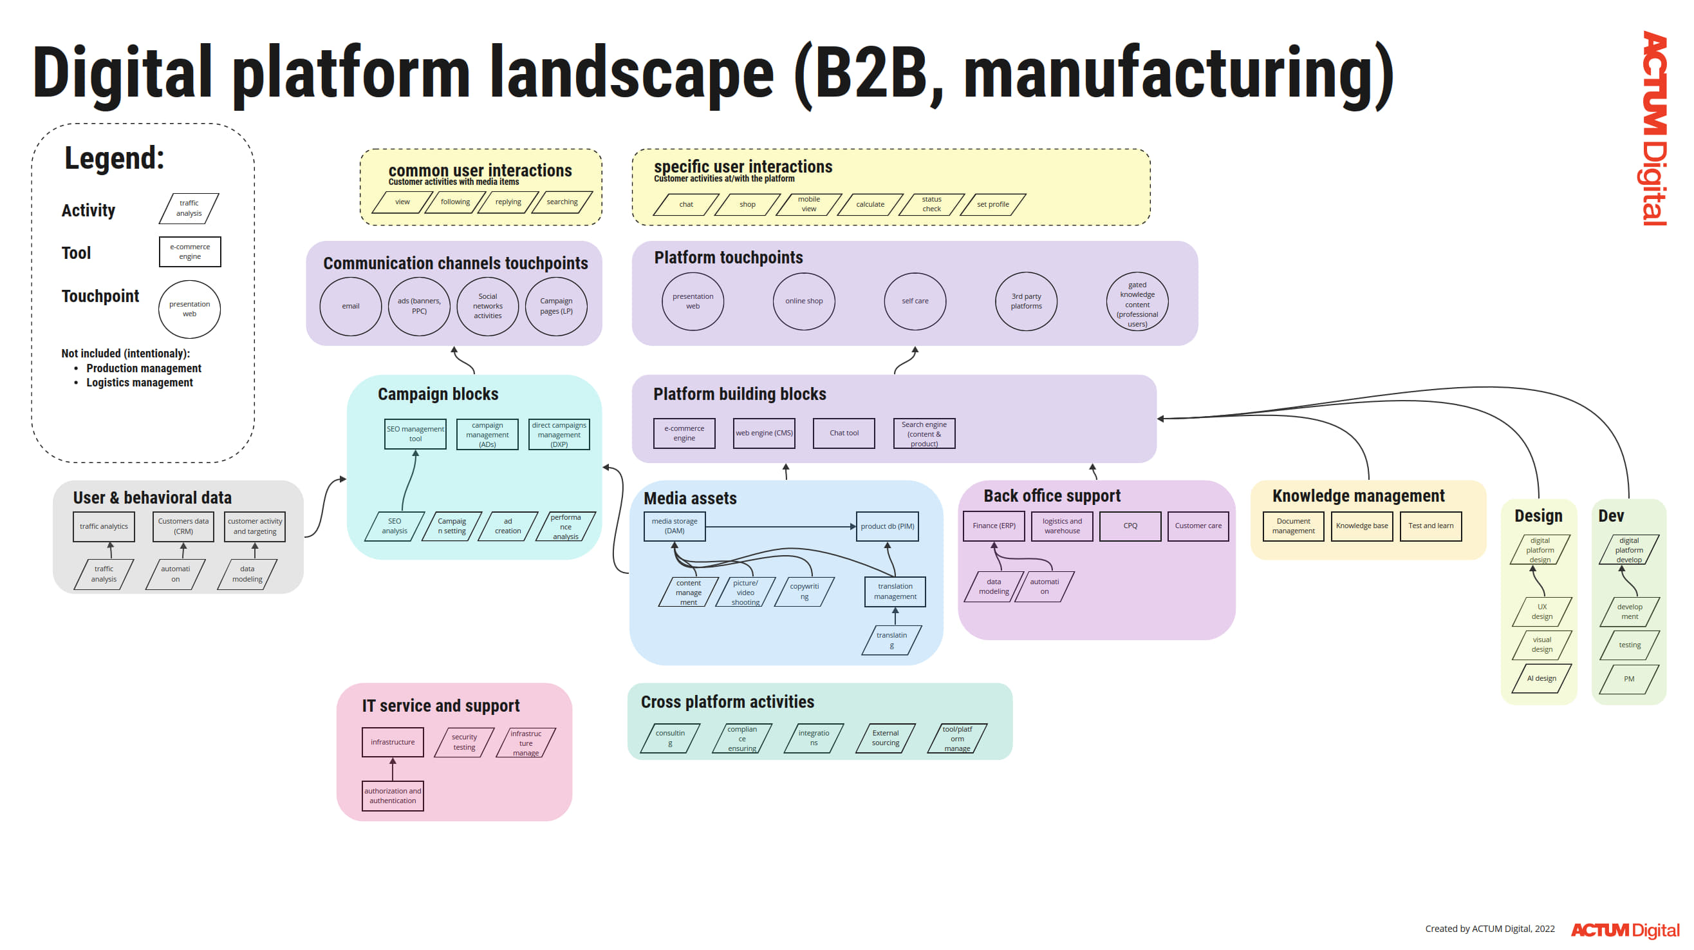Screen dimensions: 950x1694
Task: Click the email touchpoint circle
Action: click(351, 307)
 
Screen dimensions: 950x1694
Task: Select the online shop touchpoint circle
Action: click(804, 301)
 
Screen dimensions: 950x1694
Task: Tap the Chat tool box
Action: click(844, 433)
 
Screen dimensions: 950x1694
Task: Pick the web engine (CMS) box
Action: click(764, 433)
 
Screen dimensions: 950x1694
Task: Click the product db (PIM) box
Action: click(887, 526)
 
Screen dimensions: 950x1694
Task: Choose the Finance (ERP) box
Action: click(994, 526)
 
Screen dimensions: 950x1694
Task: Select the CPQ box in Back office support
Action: click(1130, 526)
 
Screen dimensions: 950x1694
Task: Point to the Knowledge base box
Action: click(1362, 526)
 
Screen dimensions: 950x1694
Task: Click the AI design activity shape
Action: click(1541, 679)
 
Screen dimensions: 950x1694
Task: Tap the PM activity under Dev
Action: click(1628, 679)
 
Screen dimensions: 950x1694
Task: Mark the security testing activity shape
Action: click(464, 743)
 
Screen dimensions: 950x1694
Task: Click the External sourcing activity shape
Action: click(885, 738)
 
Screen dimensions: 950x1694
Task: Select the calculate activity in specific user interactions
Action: click(870, 205)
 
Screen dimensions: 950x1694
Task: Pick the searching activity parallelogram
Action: click(563, 202)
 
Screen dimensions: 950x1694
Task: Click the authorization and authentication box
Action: click(393, 796)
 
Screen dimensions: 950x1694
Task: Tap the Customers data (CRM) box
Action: click(183, 526)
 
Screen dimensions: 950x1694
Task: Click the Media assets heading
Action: click(690, 499)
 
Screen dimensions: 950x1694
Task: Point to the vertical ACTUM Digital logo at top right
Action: click(1653, 128)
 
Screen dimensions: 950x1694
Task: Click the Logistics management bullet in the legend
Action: click(140, 383)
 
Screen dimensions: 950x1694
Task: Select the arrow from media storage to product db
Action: click(780, 526)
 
